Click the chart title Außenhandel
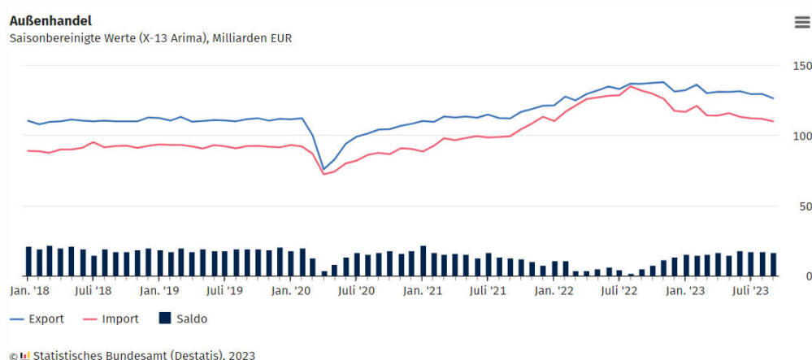pyautogui.click(x=50, y=20)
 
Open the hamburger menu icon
pyautogui.click(x=801, y=22)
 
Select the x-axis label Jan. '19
pyautogui.click(x=159, y=290)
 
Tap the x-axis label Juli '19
pyautogui.click(x=224, y=290)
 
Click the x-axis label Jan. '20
pyautogui.click(x=291, y=290)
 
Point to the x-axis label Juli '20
pyautogui.click(x=355, y=290)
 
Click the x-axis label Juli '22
pyautogui.click(x=619, y=290)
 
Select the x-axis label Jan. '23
pyautogui.click(x=685, y=290)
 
